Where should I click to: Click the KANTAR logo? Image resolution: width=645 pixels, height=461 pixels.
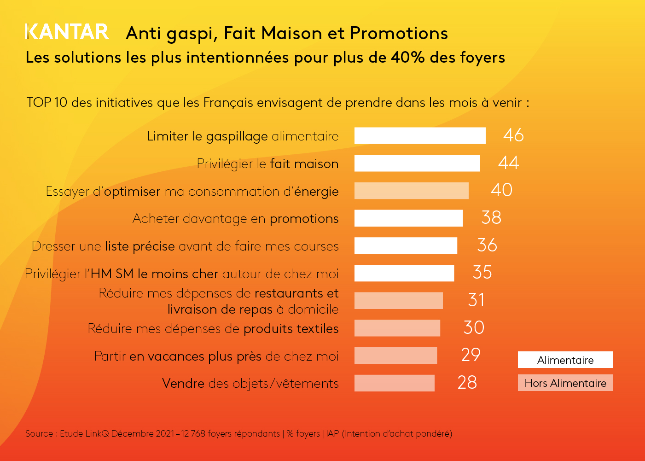[x=67, y=32]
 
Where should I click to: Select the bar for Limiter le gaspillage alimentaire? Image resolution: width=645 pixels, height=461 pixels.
[x=420, y=136]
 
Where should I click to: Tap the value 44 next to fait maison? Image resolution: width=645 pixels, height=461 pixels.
[x=508, y=163]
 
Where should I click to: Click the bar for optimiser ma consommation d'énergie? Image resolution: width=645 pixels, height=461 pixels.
[x=411, y=191]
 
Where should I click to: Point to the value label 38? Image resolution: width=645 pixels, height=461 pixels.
[x=491, y=218]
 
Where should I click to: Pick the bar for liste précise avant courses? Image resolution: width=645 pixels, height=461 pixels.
[x=406, y=245]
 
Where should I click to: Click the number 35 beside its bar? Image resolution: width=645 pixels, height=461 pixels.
[x=482, y=273]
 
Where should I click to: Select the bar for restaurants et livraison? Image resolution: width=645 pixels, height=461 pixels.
[x=398, y=300]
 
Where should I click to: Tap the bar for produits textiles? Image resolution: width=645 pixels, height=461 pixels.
[x=397, y=328]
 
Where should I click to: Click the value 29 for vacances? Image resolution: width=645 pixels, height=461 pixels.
[x=471, y=355]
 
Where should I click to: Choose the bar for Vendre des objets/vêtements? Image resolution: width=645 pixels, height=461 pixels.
[x=394, y=383]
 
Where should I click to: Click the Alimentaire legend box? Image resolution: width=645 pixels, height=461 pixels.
[x=565, y=360]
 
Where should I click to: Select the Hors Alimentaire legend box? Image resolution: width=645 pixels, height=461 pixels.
[x=565, y=383]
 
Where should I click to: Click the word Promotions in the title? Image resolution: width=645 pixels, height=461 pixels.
[x=399, y=34]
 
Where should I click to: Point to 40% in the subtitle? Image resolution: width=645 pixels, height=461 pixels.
[x=407, y=58]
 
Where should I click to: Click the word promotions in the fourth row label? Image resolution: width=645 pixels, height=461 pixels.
[x=304, y=219]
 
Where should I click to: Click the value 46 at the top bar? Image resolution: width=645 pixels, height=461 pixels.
[x=513, y=135]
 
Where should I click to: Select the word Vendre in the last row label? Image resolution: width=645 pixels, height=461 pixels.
[x=183, y=384]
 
